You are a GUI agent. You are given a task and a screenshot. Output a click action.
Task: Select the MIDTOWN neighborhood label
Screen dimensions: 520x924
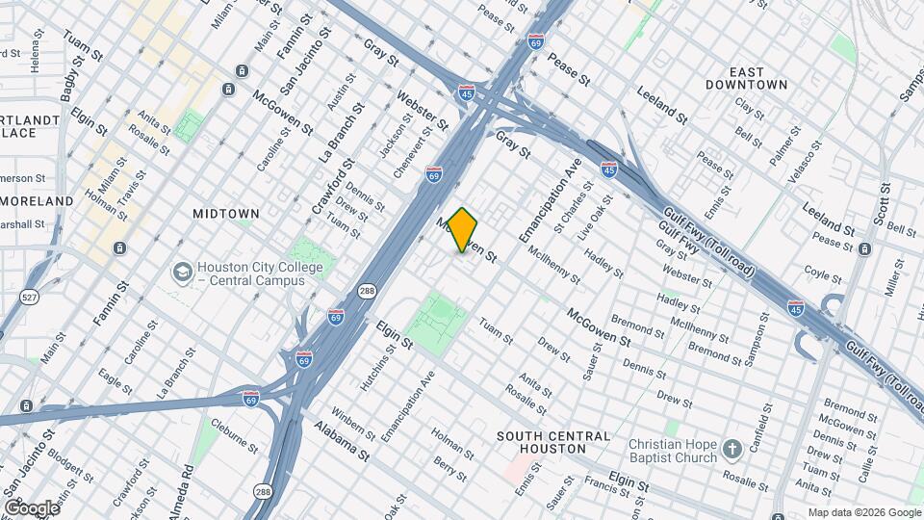coord(226,213)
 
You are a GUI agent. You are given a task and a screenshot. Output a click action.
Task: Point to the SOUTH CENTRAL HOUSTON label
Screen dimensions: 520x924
coord(553,443)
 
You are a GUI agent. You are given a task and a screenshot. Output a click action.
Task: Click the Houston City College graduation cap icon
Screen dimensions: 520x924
coord(181,273)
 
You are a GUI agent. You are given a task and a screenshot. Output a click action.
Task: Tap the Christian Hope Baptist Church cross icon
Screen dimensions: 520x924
coord(732,450)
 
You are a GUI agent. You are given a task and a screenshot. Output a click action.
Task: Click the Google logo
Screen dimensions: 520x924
coord(32,507)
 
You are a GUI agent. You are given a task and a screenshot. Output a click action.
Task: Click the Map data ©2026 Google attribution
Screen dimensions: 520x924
coord(863,512)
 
